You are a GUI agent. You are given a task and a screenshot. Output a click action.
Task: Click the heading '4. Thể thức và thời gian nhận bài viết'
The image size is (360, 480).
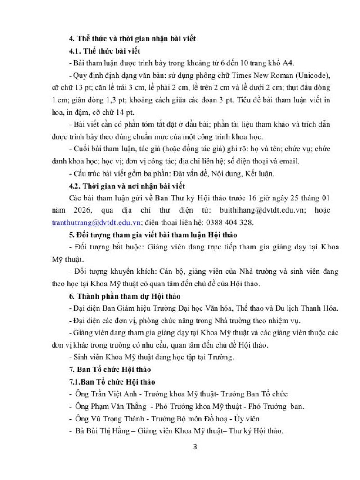tap(131, 38)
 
